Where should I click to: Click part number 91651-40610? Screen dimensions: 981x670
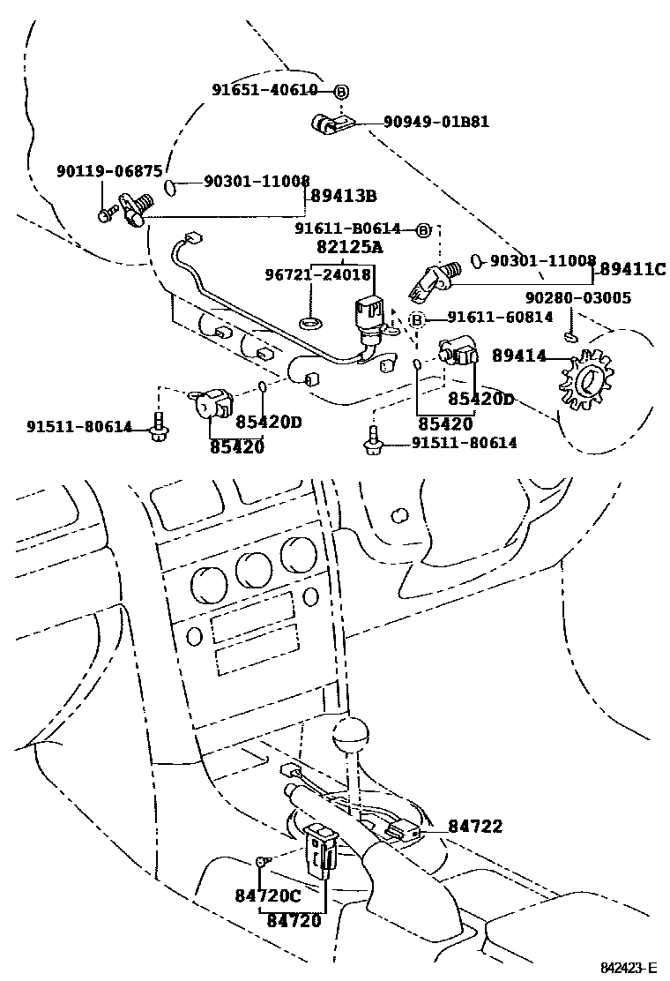[x=264, y=90]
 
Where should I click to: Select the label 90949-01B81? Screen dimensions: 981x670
[x=435, y=123]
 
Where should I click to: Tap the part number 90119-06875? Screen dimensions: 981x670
[x=109, y=172]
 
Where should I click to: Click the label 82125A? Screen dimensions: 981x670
[x=349, y=248]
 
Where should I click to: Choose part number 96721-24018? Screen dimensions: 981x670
[x=318, y=274]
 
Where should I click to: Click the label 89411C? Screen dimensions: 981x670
[x=635, y=268]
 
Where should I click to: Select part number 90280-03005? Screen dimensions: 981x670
[x=577, y=298]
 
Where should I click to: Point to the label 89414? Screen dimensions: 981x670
[x=519, y=356]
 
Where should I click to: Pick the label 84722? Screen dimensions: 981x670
[x=474, y=827]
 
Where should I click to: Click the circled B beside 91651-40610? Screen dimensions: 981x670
[x=341, y=90]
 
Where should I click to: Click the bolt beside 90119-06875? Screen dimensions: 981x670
[x=108, y=213]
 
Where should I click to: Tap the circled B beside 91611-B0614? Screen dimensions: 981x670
[x=422, y=230]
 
